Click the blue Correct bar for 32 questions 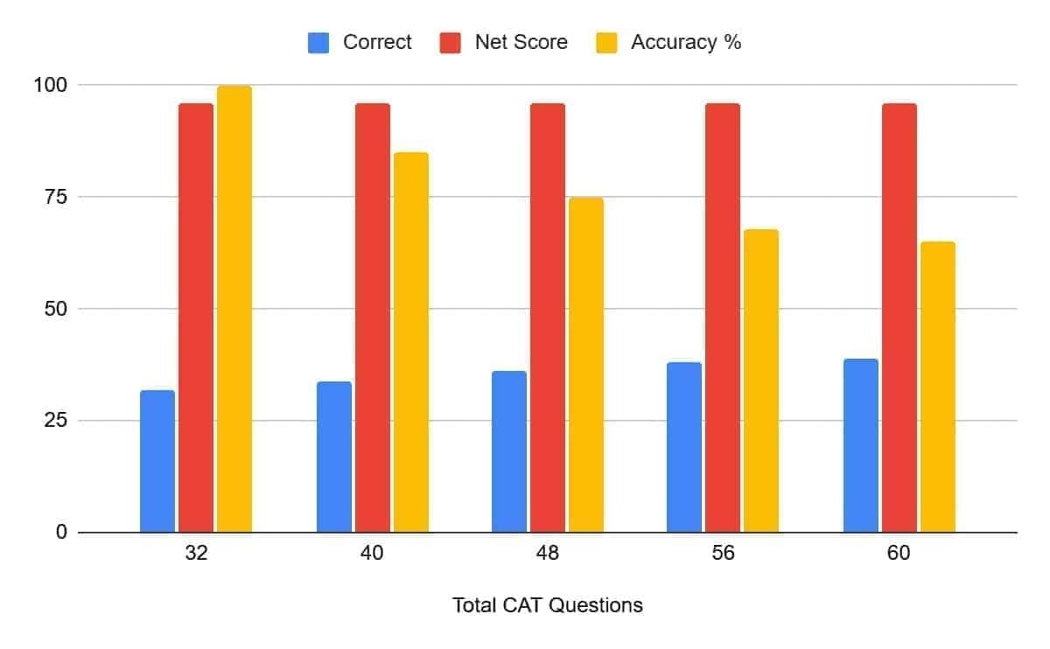(157, 461)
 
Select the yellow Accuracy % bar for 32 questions (234, 309)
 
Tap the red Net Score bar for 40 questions (373, 318)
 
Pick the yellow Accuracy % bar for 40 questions (411, 342)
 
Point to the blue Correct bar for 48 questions (509, 451)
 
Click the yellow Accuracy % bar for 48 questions (586, 365)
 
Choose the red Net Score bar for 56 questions (723, 318)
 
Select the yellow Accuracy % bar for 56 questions (761, 380)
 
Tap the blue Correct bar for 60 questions (861, 445)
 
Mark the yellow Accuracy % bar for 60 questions (938, 387)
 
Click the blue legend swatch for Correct (318, 42)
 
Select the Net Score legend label (521, 42)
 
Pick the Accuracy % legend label (686, 42)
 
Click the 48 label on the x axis (548, 555)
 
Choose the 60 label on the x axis (899, 555)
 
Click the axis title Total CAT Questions (548, 605)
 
